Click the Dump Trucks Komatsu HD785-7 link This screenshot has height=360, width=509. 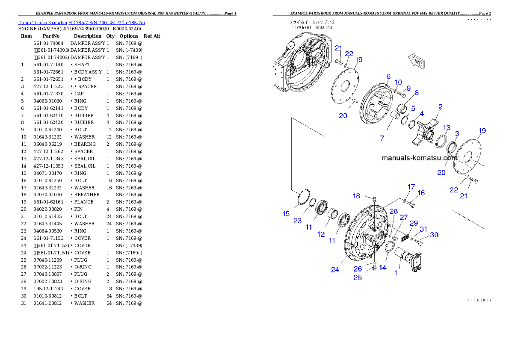click(x=81, y=23)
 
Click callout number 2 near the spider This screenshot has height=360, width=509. click(x=440, y=106)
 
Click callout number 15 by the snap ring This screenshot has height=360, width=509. click(x=286, y=214)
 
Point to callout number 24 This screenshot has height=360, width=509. click(x=335, y=270)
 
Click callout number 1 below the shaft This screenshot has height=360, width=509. click(x=396, y=272)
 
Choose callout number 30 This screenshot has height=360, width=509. click(x=434, y=235)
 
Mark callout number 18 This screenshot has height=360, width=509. click(x=356, y=196)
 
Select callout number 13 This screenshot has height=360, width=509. click(x=447, y=127)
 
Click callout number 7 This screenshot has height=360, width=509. click(x=382, y=138)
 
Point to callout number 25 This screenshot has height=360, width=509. click(x=358, y=277)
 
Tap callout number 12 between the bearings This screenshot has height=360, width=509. click(x=321, y=234)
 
